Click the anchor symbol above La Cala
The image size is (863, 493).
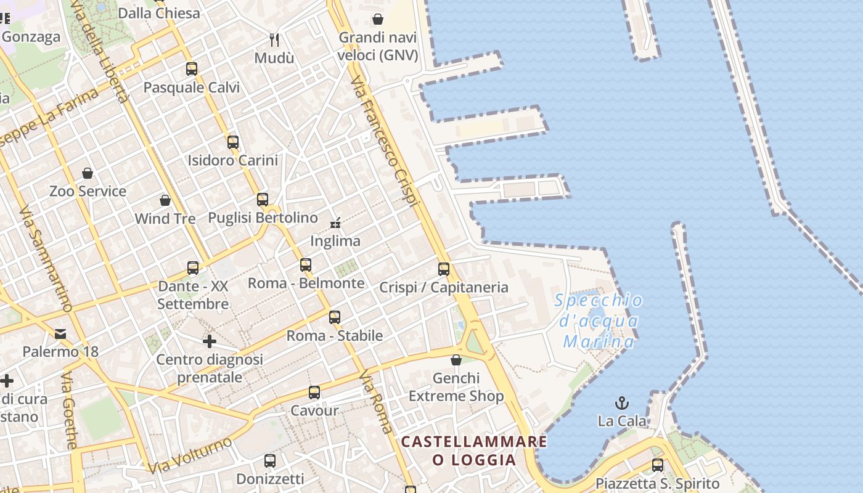[x=622, y=404]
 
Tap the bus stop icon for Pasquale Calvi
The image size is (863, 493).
[x=192, y=68]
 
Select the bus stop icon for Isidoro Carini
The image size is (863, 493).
[x=232, y=142]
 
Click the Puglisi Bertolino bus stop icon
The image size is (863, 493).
[x=263, y=199]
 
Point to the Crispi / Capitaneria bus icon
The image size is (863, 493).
[x=444, y=269]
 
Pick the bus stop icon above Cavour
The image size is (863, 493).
[x=314, y=393]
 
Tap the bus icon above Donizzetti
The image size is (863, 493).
[x=270, y=460]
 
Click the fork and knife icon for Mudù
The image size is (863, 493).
[x=274, y=40]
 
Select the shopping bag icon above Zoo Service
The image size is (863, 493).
[x=88, y=173]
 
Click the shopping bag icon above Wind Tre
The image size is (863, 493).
[x=165, y=200]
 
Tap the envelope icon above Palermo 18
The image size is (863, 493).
[x=60, y=334]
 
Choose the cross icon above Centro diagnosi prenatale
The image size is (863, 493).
[x=210, y=341]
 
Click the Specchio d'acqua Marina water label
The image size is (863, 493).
[x=599, y=321]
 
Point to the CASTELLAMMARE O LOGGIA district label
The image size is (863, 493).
[x=474, y=450]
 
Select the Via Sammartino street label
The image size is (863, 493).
[x=46, y=259]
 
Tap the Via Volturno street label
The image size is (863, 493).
[x=190, y=455]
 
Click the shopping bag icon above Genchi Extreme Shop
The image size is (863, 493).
[x=456, y=360]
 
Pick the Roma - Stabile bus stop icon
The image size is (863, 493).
[x=335, y=317]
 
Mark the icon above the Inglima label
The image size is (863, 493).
[x=335, y=222]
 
